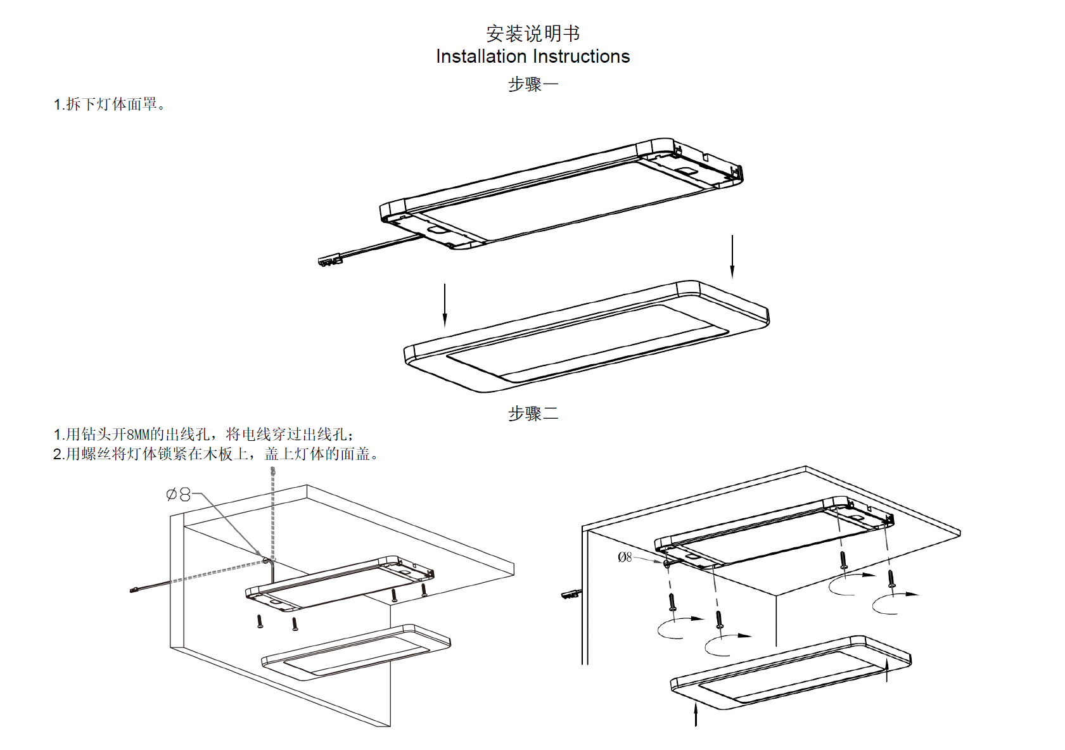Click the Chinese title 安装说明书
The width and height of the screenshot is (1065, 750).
click(532, 33)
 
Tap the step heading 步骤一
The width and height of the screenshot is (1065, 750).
click(533, 84)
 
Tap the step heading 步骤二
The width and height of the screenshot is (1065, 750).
click(533, 414)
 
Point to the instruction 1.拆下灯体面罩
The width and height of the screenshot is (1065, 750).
click(109, 105)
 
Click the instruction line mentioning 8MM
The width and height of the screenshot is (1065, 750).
click(203, 435)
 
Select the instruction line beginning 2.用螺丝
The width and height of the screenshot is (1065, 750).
click(215, 454)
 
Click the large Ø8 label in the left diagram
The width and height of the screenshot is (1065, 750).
click(178, 495)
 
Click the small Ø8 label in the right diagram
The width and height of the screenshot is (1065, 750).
click(625, 557)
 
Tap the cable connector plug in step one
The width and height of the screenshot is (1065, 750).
click(330, 260)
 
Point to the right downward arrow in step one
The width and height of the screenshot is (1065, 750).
click(732, 257)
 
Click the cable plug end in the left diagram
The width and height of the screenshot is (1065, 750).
click(134, 590)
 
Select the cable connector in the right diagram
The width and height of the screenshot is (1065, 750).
click(571, 594)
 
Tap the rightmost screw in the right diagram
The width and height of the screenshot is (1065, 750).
click(891, 578)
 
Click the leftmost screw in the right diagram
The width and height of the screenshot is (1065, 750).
click(672, 602)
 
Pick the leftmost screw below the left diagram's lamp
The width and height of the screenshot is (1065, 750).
click(260, 621)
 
